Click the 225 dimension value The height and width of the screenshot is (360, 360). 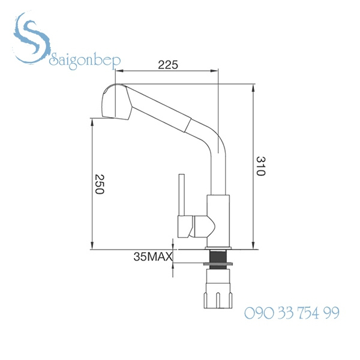coord(167,65)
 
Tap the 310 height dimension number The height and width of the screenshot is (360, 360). coord(260,166)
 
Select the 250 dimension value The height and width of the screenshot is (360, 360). coord(100,184)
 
